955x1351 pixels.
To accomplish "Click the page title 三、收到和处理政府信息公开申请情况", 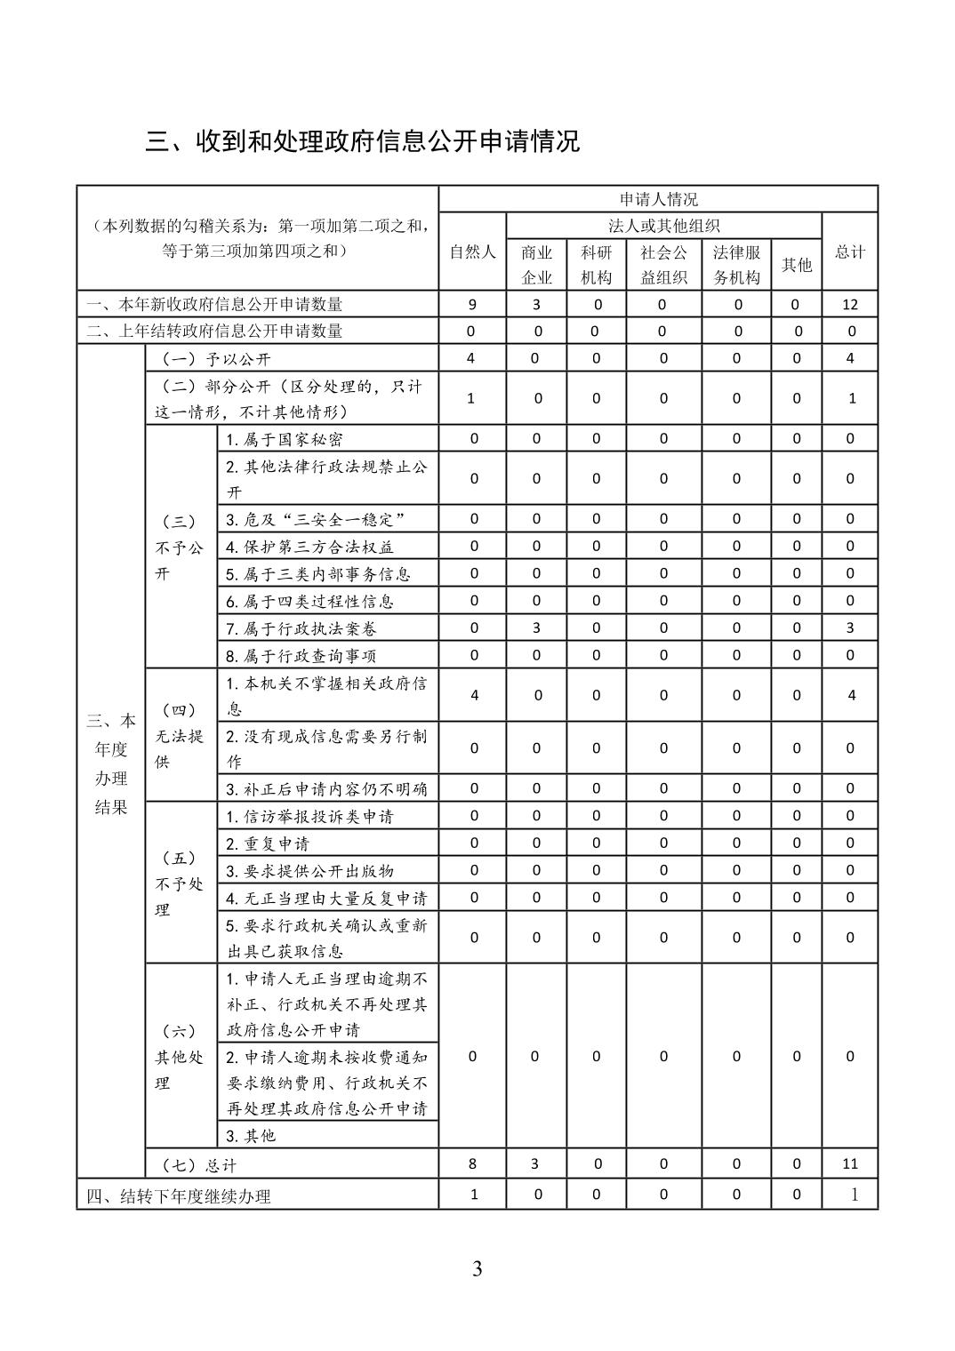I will click(363, 141).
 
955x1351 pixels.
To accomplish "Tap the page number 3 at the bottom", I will click(477, 1268).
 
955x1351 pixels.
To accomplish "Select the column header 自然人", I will click(472, 252).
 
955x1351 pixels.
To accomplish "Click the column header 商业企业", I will click(536, 265).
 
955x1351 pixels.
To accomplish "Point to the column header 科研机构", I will click(596, 265).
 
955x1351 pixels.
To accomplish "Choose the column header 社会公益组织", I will click(663, 265).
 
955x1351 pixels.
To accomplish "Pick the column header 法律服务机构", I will click(736, 265).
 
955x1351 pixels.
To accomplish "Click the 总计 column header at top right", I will click(850, 252).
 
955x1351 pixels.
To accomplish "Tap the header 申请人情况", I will click(658, 199).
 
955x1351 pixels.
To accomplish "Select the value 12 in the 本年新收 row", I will click(850, 304).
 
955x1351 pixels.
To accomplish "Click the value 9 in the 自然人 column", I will click(472, 304).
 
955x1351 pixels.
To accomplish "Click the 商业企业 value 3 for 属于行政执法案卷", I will click(536, 628).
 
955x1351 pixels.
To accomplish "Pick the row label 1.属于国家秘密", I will click(285, 439).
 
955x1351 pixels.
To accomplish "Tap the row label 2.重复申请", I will click(268, 843).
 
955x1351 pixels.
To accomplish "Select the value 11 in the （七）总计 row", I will click(850, 1163).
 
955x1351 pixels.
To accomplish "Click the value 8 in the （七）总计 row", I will click(472, 1163).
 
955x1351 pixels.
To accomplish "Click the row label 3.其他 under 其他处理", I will click(251, 1135).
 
